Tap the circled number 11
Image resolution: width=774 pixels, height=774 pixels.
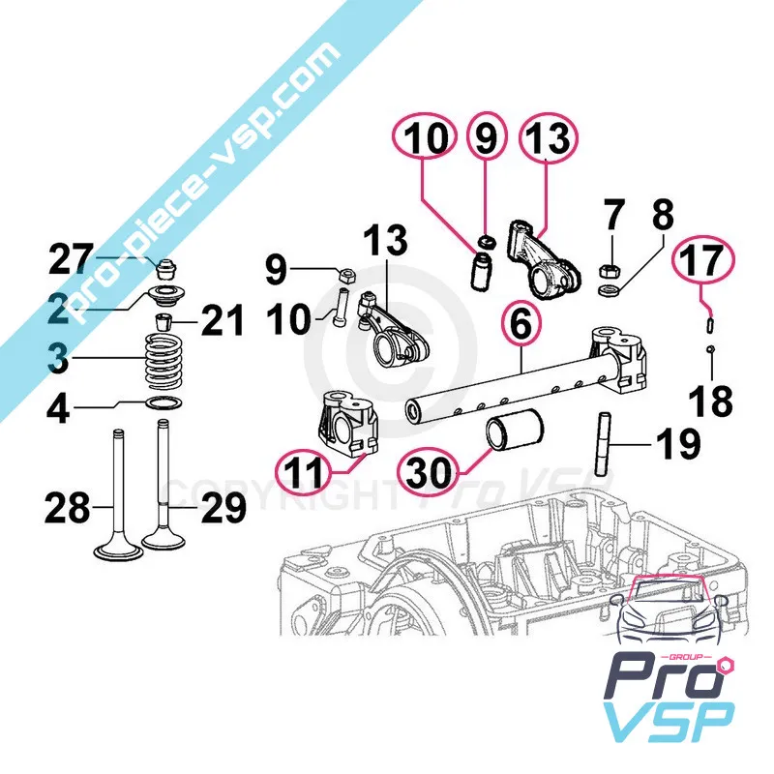(304, 471)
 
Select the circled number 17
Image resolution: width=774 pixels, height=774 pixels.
(704, 260)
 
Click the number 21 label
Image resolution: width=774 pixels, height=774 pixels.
(223, 321)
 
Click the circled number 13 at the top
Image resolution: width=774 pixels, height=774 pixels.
(547, 139)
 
